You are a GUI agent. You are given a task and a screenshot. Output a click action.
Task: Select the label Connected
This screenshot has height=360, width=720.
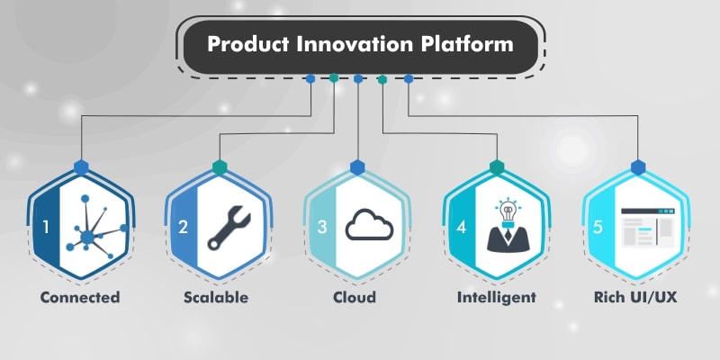point(80,297)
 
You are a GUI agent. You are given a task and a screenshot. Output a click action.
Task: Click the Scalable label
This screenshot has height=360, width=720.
point(216,297)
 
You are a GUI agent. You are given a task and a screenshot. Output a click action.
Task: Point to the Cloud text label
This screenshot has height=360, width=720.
point(355,297)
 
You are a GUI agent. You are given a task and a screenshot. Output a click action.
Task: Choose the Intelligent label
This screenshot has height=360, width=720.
point(497,297)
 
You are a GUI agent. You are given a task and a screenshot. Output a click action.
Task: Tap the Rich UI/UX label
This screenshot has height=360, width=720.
point(635,297)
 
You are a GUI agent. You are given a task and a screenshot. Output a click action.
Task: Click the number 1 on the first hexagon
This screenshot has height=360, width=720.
point(46,227)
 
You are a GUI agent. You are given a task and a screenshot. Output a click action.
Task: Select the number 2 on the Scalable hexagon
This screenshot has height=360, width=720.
point(184,227)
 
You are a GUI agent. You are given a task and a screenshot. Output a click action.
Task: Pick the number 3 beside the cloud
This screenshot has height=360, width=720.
point(322,227)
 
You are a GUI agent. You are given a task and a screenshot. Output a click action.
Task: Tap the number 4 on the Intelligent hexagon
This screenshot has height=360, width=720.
point(462,227)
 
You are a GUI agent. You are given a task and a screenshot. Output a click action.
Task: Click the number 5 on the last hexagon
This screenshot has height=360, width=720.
point(598,227)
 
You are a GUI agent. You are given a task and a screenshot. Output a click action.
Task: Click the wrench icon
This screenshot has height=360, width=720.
point(229,228)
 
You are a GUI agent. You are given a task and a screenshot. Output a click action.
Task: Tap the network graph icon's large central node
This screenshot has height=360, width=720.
point(87,238)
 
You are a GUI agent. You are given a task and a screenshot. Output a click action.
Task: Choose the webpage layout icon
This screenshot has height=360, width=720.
point(648,228)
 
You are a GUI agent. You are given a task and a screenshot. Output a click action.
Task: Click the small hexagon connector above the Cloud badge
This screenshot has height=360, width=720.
point(357,167)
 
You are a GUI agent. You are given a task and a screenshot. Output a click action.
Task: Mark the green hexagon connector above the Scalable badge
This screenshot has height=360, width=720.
point(220,167)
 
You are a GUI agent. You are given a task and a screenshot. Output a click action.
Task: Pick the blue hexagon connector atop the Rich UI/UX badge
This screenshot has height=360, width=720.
point(638,167)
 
